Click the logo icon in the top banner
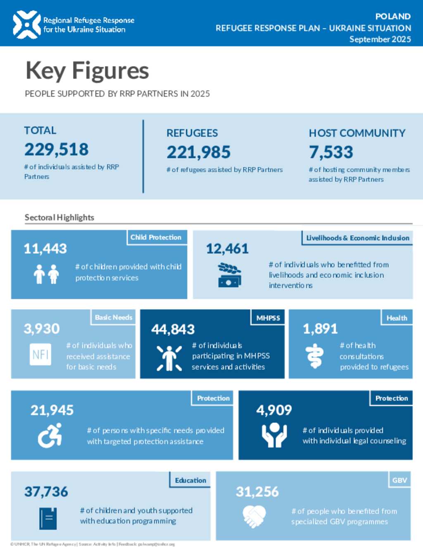(27, 25)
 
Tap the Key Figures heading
(87, 71)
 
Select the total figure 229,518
(57, 149)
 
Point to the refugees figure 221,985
(198, 152)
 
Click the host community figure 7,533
(331, 152)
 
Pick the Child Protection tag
(156, 237)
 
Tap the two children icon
(46, 274)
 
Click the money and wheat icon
(229, 275)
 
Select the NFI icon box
(40, 354)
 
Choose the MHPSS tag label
(268, 318)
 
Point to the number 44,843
(173, 329)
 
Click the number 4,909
(274, 410)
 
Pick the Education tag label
(190, 480)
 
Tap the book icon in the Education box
(48, 519)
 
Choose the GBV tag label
(399, 480)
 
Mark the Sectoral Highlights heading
(59, 218)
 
